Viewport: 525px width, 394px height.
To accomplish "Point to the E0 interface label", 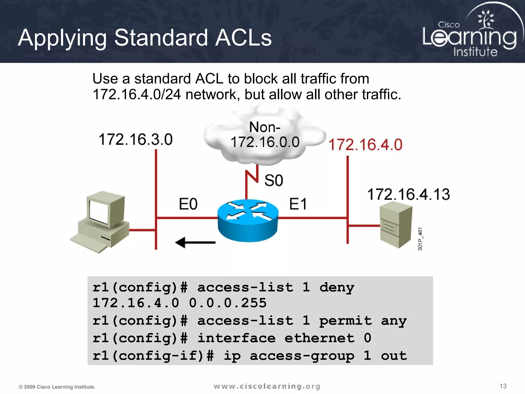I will (x=188, y=204).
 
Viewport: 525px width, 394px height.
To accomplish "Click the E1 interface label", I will (x=298, y=204).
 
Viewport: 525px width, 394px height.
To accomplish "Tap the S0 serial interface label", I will (x=274, y=180).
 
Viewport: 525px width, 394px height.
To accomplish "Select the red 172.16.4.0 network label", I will (x=365, y=144).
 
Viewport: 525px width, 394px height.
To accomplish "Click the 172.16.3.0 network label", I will (x=136, y=140).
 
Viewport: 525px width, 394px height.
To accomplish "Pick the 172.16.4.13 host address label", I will (x=408, y=194).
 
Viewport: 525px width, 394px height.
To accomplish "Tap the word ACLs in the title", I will (x=243, y=38).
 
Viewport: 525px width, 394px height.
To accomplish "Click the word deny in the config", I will (x=337, y=287).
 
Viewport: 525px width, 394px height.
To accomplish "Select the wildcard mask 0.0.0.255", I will (x=228, y=303).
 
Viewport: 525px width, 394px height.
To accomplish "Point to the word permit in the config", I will (x=345, y=321).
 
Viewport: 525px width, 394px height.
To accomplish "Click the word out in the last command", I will (x=394, y=356).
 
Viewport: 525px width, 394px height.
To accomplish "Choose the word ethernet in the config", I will (x=319, y=338).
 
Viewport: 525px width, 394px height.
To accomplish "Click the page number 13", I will (x=503, y=386).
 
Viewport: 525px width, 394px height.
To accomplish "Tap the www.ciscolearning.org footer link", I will (x=267, y=386).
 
